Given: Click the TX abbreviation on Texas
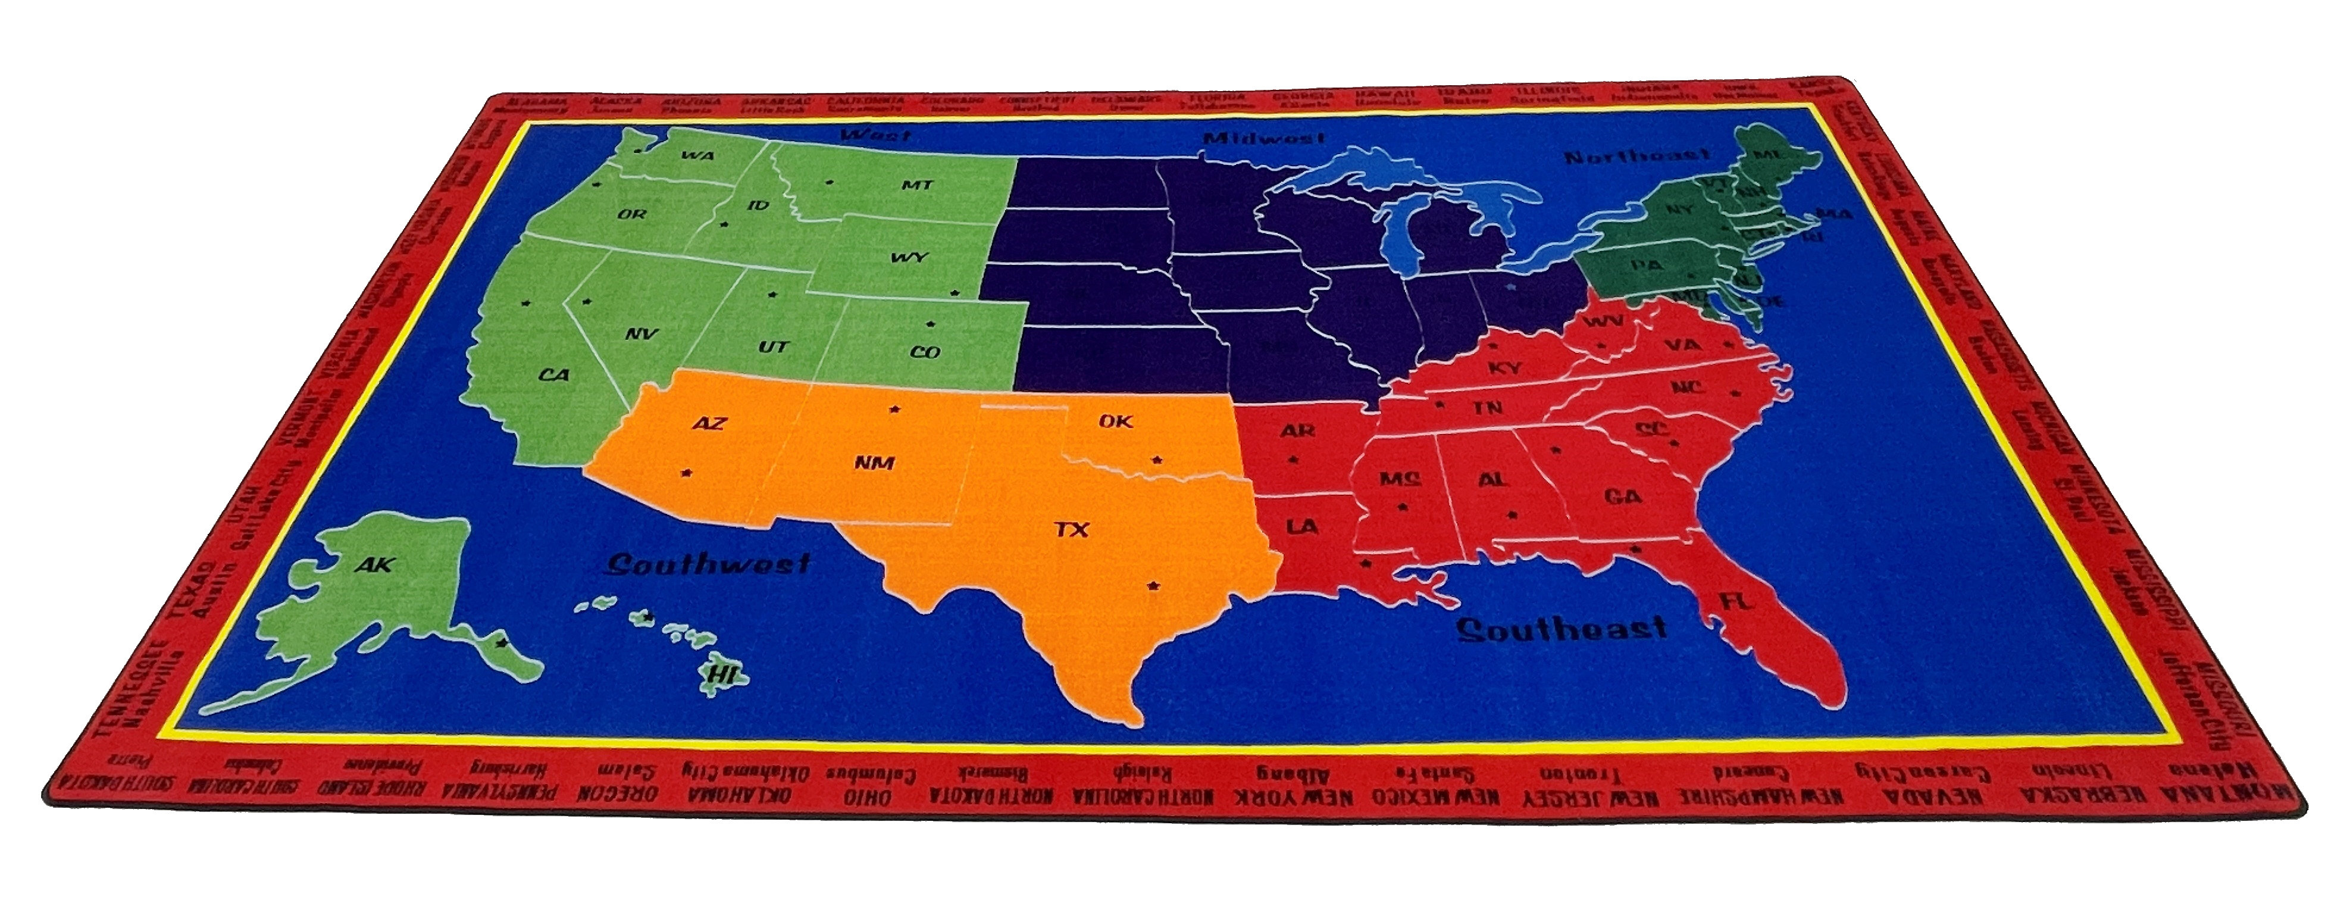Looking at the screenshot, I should coord(1072,529).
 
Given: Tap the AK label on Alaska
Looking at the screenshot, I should coord(374,565).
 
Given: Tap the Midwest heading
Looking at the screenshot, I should coord(1264,139).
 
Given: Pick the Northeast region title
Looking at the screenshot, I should coord(1637,157).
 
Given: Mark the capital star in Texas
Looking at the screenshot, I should coord(1154,585).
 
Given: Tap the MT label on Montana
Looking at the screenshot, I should coord(916,185).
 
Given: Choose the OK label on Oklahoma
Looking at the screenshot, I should coord(1115,421).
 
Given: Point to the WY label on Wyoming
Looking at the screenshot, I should coord(908,258).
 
